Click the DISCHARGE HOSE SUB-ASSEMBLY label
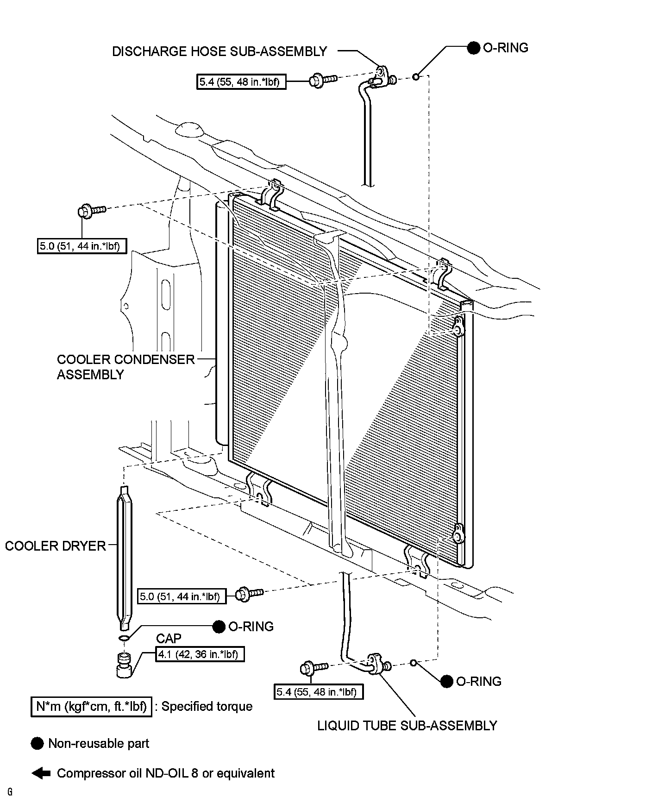[219, 51]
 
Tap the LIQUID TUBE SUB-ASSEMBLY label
[407, 725]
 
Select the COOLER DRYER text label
[56, 546]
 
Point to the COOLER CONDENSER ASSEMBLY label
[125, 367]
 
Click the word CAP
[169, 639]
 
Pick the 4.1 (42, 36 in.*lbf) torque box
[200, 654]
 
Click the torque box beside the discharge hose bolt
[241, 82]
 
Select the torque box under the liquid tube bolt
[318, 692]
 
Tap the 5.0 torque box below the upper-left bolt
[81, 246]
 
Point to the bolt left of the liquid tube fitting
[313, 668]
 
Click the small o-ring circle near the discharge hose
[416, 76]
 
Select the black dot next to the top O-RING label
[473, 48]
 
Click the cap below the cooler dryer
[124, 665]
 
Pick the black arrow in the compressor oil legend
[41, 773]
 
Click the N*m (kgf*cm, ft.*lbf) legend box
[91, 707]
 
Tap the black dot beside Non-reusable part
[37, 744]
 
